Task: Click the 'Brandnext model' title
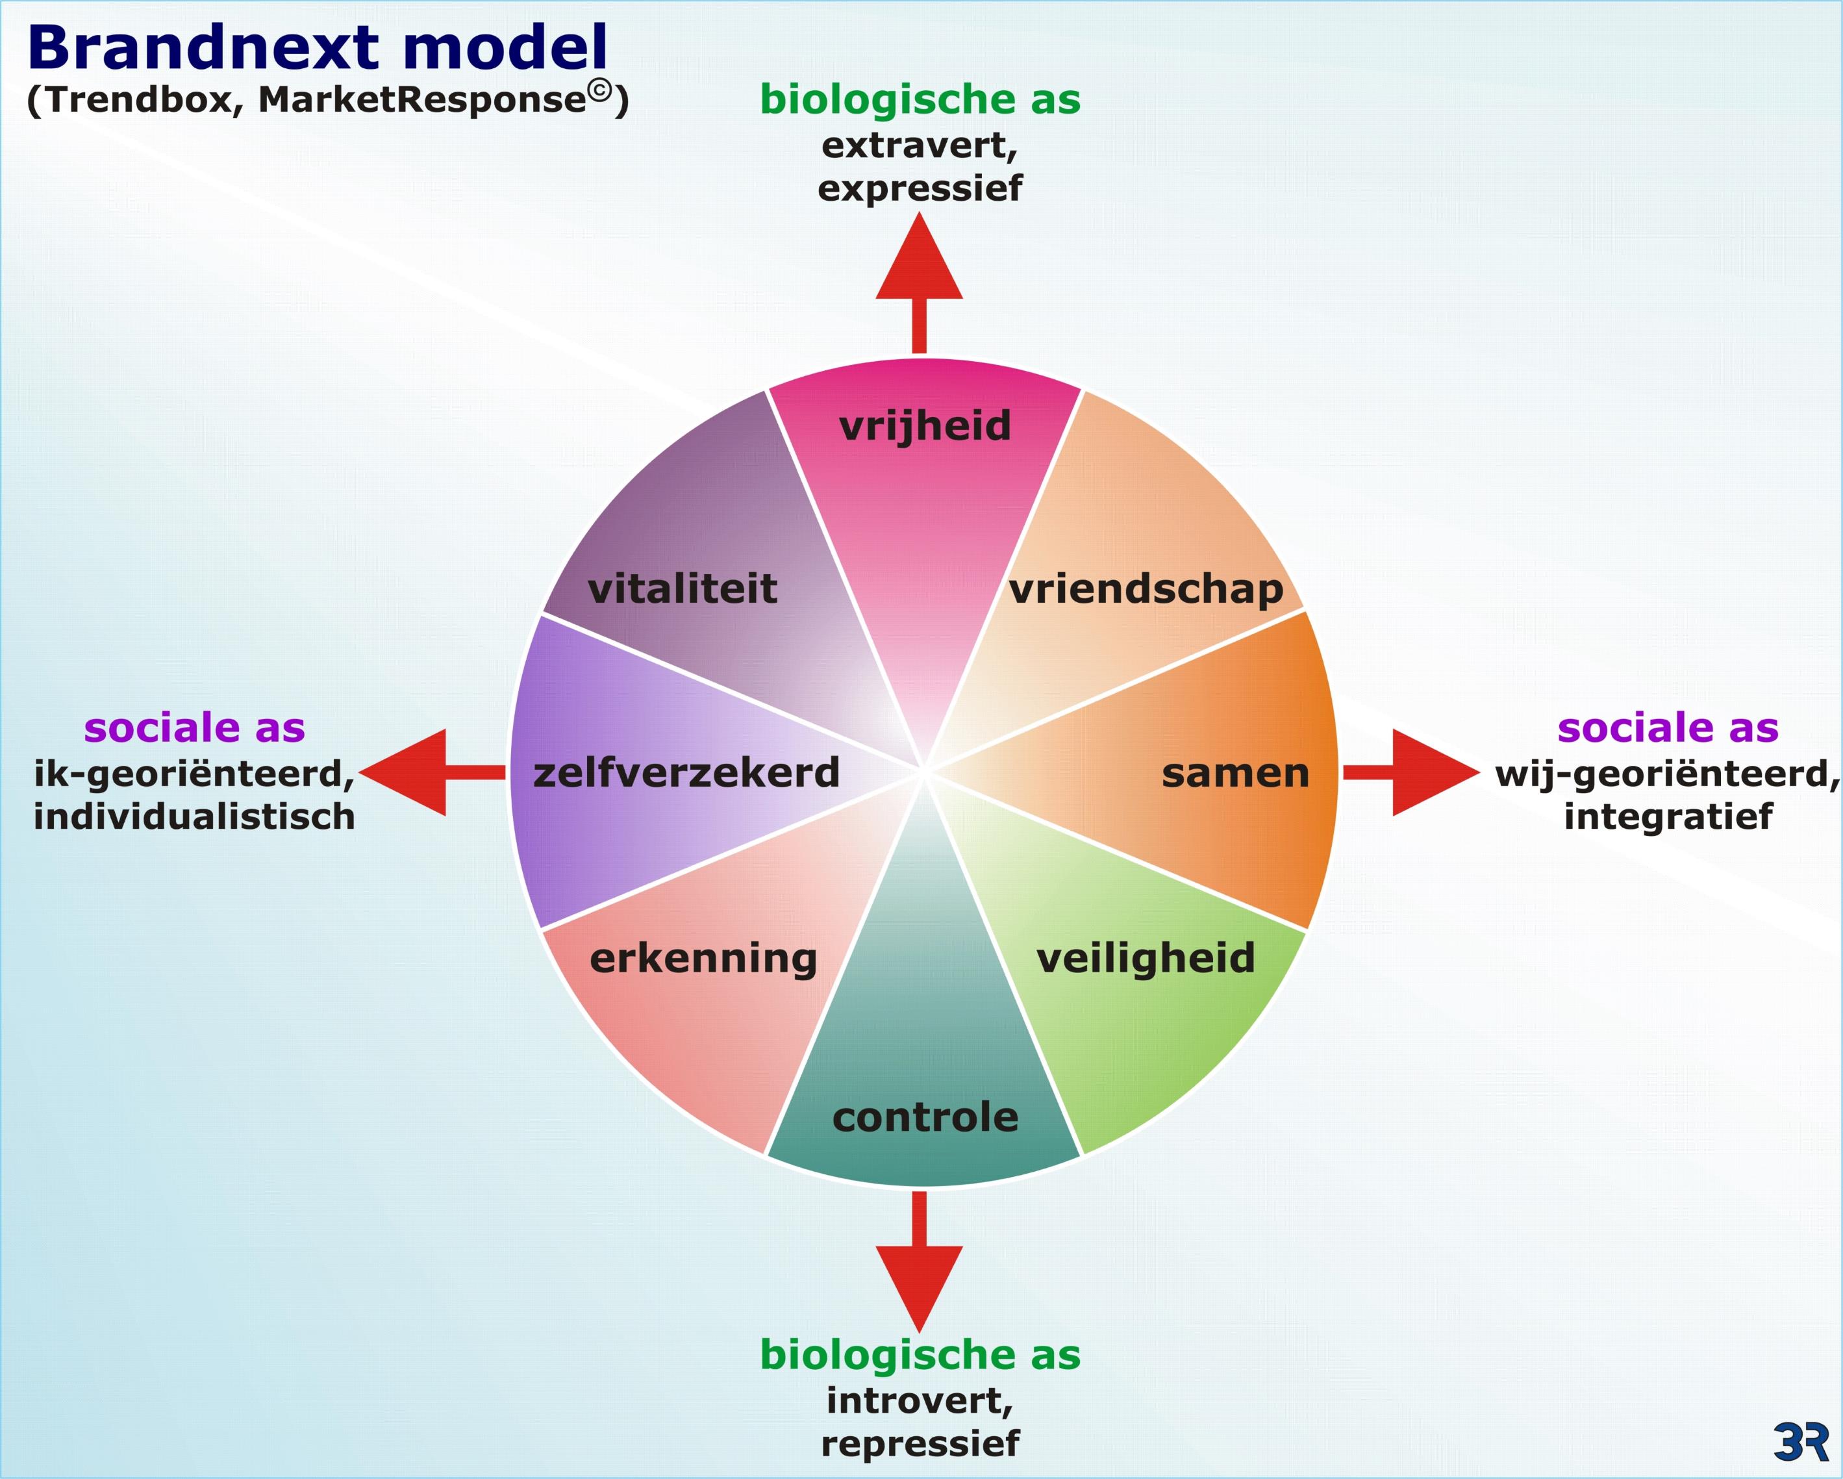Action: [x=317, y=48]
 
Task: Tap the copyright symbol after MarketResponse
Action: [x=600, y=91]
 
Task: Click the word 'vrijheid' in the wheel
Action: [x=925, y=425]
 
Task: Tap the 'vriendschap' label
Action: [x=1146, y=590]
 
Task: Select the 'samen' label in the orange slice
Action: [x=1235, y=774]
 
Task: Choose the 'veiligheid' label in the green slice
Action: [x=1146, y=958]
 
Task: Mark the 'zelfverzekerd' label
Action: [x=686, y=773]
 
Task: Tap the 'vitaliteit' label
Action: [x=682, y=589]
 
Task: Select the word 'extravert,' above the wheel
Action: [x=920, y=145]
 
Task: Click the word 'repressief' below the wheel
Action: [x=920, y=1443]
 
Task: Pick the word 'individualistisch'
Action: [x=194, y=816]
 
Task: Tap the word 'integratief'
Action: [x=1668, y=816]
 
